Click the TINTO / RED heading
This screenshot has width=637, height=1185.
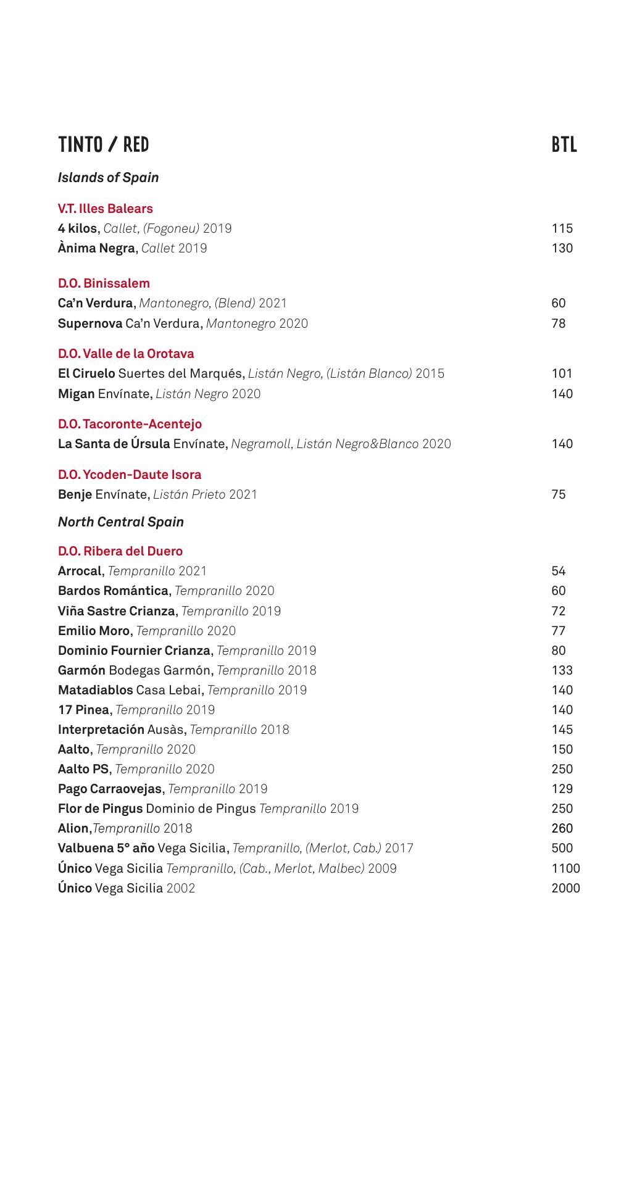tap(103, 144)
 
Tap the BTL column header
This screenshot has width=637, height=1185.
tap(564, 144)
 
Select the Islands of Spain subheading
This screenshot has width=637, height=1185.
tap(108, 178)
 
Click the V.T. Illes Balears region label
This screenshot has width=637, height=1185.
tap(105, 209)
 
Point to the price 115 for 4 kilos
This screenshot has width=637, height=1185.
tap(562, 228)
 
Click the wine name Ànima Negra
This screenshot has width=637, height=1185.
tap(96, 248)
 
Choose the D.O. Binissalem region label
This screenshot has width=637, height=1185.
tap(104, 283)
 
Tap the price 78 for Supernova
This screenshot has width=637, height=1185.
tap(558, 323)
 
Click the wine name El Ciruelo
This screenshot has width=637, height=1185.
tap(86, 373)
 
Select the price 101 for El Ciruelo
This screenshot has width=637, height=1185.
tap(562, 373)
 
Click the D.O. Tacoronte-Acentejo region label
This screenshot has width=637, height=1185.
tap(130, 424)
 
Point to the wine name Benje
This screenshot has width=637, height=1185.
tap(75, 494)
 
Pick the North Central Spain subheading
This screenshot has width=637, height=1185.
tap(120, 522)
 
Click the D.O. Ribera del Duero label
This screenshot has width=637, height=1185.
tap(120, 551)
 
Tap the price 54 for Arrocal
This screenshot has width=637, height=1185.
tap(558, 571)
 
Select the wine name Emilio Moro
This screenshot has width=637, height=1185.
tap(94, 631)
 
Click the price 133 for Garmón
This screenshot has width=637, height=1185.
tap(562, 670)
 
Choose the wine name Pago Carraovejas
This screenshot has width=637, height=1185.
tap(110, 789)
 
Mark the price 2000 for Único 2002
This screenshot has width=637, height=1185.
tap(565, 888)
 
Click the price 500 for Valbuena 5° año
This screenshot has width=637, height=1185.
tap(562, 848)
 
